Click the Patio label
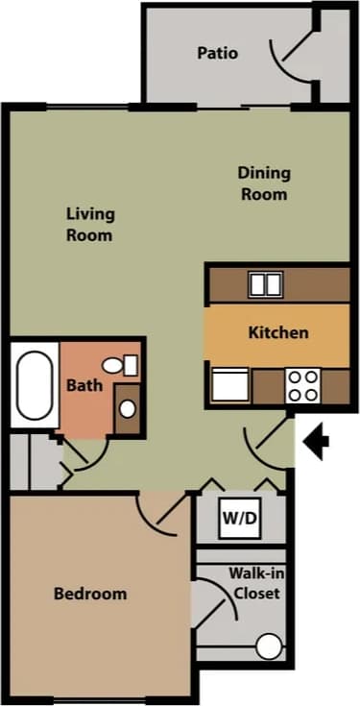[218, 54]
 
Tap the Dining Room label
[263, 183]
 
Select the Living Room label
[90, 224]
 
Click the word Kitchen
[278, 333]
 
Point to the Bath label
[84, 386]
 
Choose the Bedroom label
[89, 594]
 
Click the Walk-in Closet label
[256, 583]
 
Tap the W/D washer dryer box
[240, 520]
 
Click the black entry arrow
[317, 441]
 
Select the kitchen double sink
[266, 284]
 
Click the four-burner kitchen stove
[303, 386]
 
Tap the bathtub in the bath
[35, 386]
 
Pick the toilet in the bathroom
[121, 366]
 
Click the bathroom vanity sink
[128, 408]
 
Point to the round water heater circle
[270, 647]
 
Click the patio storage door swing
[290, 58]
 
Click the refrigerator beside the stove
[230, 386]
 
